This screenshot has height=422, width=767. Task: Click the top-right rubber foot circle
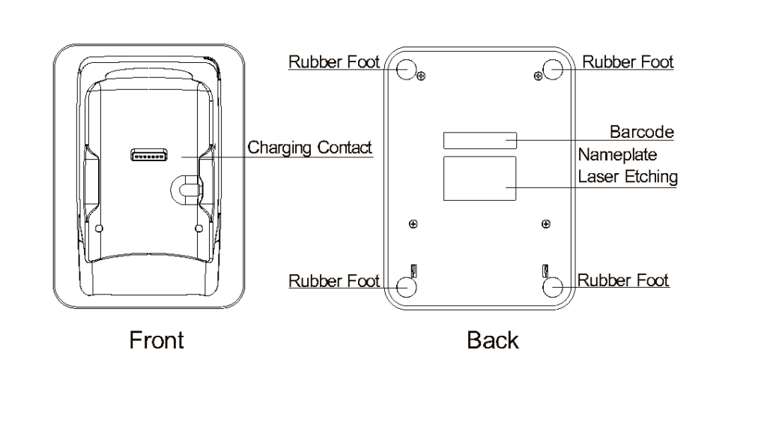[x=554, y=69]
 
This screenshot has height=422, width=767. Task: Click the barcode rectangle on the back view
[x=479, y=140]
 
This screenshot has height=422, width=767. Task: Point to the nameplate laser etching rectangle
[x=480, y=178]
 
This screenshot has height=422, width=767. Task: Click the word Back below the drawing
[x=492, y=340]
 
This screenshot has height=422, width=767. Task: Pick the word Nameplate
[x=617, y=155]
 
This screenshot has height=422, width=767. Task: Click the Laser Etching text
[x=628, y=177]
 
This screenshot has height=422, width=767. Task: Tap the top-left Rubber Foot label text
[x=334, y=61]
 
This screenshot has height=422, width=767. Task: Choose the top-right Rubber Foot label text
[x=628, y=61]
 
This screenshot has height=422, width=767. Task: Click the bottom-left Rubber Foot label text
[x=334, y=281]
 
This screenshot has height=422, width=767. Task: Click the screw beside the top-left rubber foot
[x=422, y=76]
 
